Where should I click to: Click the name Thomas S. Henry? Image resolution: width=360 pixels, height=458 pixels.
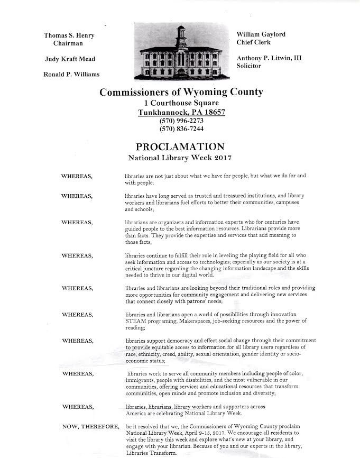tap(69, 35)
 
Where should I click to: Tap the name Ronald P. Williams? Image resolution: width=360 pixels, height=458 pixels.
tap(71, 74)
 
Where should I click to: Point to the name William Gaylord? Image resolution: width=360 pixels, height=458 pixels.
tap(261, 34)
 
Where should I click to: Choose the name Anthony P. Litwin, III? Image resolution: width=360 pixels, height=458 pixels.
tap(269, 58)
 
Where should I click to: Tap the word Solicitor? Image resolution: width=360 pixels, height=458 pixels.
tap(248, 66)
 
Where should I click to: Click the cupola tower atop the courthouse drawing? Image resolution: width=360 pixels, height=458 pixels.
tap(181, 36)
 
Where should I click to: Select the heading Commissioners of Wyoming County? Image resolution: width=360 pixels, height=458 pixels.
tap(181, 92)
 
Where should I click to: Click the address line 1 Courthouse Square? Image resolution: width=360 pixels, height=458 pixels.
tap(181, 103)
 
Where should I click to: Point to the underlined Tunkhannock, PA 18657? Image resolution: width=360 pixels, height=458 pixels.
tap(181, 112)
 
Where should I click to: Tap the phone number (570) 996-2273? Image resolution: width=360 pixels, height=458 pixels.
tap(181, 121)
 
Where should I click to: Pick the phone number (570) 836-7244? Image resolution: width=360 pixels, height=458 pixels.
tap(181, 129)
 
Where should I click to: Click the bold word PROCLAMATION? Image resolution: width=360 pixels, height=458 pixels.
tap(181, 146)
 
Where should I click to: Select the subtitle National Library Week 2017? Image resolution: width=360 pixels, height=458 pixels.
tap(181, 158)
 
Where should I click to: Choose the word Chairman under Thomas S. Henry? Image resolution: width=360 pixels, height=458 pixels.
tap(68, 43)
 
